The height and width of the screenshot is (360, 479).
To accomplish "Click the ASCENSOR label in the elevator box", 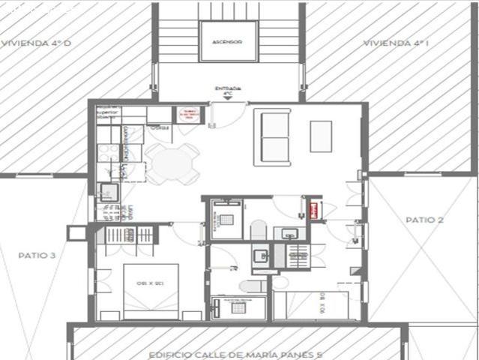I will click(227, 42).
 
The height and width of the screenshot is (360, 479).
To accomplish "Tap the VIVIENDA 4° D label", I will click(36, 43).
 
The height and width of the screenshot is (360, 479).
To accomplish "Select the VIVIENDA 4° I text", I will click(396, 43).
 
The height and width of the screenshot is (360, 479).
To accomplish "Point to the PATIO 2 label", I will click(424, 220).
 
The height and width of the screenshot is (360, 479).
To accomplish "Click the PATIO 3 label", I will click(37, 255).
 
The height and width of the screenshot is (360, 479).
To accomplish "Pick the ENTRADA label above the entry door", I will click(228, 88).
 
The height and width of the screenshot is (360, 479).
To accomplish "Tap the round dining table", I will click(172, 163).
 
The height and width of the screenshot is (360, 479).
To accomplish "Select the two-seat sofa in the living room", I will click(272, 136).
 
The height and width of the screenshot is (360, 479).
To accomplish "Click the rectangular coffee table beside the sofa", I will click(321, 136).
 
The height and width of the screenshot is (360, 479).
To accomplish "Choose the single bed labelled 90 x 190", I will click(310, 305).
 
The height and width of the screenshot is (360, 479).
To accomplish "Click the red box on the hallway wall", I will click(315, 209).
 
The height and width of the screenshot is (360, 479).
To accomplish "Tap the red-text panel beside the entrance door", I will click(188, 115).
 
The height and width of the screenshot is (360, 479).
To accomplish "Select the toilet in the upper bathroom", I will click(258, 229).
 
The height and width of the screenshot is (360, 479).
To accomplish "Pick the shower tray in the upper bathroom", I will click(226, 219).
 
